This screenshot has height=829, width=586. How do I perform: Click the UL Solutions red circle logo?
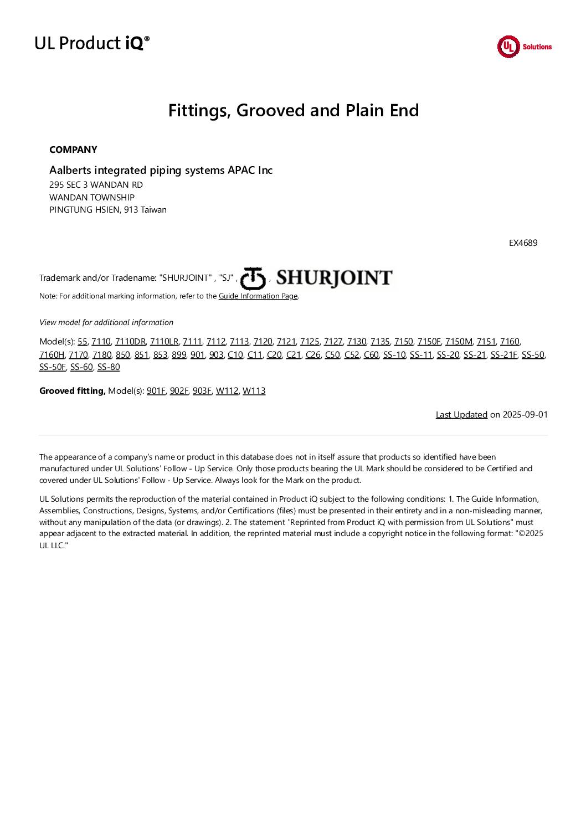tap(508, 47)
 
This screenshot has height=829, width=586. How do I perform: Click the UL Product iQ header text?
tap(92, 43)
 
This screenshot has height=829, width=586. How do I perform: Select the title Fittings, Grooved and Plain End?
tap(293, 110)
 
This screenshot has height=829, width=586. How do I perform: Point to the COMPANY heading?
tap(73, 150)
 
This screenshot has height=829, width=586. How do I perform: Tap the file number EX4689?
tap(523, 243)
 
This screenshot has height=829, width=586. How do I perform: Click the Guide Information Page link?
tap(258, 296)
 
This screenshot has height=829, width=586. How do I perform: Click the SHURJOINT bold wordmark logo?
tap(334, 277)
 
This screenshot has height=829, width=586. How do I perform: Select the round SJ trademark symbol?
tap(253, 278)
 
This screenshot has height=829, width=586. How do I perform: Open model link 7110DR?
tap(130, 342)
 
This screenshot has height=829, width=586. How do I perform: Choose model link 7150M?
tap(459, 342)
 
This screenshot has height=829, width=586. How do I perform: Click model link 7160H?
tap(52, 354)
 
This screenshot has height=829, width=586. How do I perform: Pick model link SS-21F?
tap(503, 354)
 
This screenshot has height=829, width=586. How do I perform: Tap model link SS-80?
tap(109, 367)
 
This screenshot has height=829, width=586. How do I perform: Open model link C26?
tap(313, 354)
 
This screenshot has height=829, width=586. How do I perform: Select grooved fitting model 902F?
tap(179, 391)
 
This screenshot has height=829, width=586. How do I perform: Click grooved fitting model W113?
tap(254, 391)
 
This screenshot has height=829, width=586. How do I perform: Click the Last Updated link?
tap(461, 415)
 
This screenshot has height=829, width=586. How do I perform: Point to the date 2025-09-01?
tap(525, 415)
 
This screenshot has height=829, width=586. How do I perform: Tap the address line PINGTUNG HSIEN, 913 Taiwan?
tap(108, 210)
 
